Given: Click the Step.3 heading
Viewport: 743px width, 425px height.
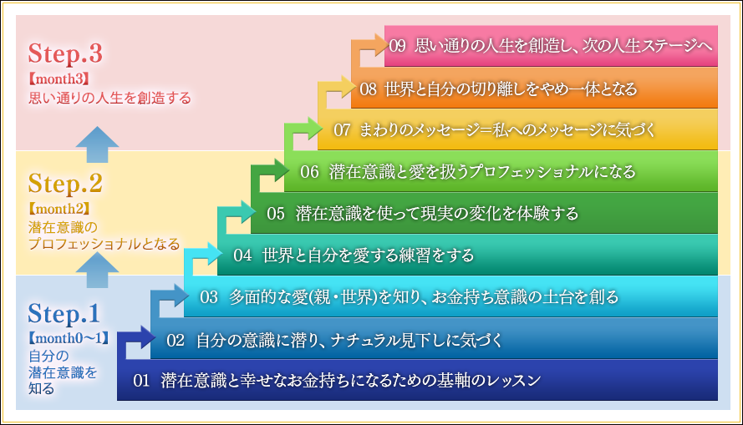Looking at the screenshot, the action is (x=65, y=53).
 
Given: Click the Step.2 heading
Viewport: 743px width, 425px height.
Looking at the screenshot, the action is (x=65, y=183).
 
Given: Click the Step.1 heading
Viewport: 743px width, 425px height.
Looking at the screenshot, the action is (x=64, y=313).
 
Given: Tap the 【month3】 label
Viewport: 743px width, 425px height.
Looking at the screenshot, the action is (x=59, y=78).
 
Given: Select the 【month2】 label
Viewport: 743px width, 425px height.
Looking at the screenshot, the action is (x=59, y=209).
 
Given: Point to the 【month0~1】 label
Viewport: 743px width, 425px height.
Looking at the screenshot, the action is (x=69, y=338).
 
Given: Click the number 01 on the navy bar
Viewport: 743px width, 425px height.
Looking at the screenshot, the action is (x=141, y=381).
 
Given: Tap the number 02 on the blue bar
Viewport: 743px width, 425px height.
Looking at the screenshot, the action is (x=176, y=341).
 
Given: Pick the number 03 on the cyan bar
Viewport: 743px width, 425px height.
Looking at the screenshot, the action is (x=208, y=297).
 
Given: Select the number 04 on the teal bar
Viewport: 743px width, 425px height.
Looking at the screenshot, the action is (x=242, y=256).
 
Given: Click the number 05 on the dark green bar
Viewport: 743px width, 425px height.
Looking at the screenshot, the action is (x=275, y=214).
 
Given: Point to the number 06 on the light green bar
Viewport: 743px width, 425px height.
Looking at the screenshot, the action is (x=309, y=172).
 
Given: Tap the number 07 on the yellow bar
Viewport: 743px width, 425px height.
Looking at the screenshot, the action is (x=342, y=130).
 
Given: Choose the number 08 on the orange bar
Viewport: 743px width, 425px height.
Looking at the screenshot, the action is (x=368, y=89).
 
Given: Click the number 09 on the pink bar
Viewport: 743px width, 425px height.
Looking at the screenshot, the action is (x=398, y=46).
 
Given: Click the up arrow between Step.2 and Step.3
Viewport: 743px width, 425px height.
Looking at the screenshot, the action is (x=97, y=144).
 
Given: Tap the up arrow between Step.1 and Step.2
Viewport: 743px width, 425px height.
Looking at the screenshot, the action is (x=97, y=271).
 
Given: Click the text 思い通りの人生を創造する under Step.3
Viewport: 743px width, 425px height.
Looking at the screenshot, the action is (x=110, y=98).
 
